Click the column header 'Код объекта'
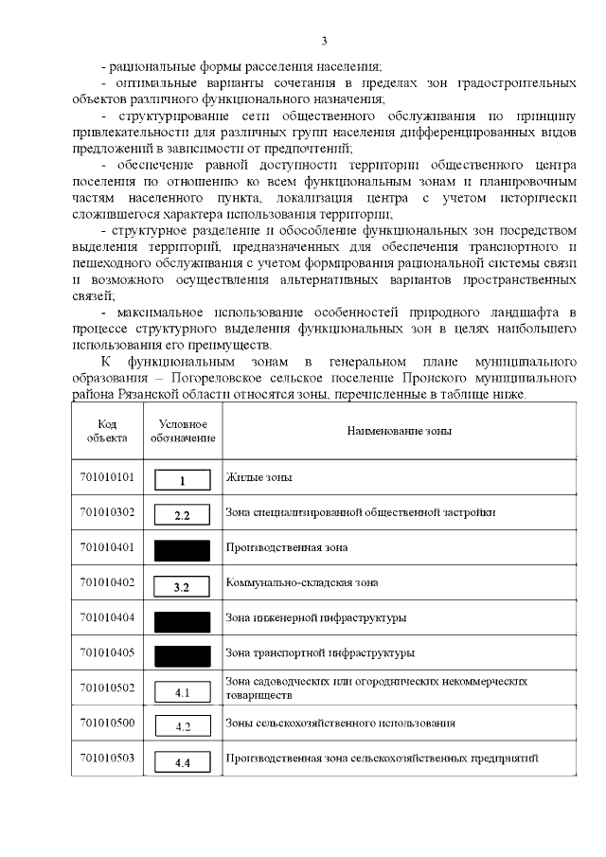point(107,431)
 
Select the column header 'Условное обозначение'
point(183,431)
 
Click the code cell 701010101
point(107,477)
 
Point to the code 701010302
point(107,512)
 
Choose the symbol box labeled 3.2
point(183,586)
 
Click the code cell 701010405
point(107,652)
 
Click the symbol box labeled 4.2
point(183,727)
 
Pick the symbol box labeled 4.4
point(183,762)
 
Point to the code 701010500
point(107,723)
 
